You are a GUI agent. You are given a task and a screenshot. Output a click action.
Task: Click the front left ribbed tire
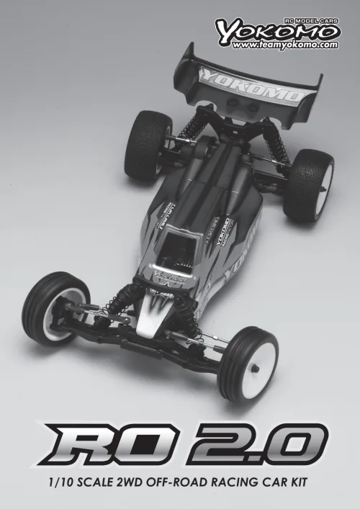click(x=50, y=306)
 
